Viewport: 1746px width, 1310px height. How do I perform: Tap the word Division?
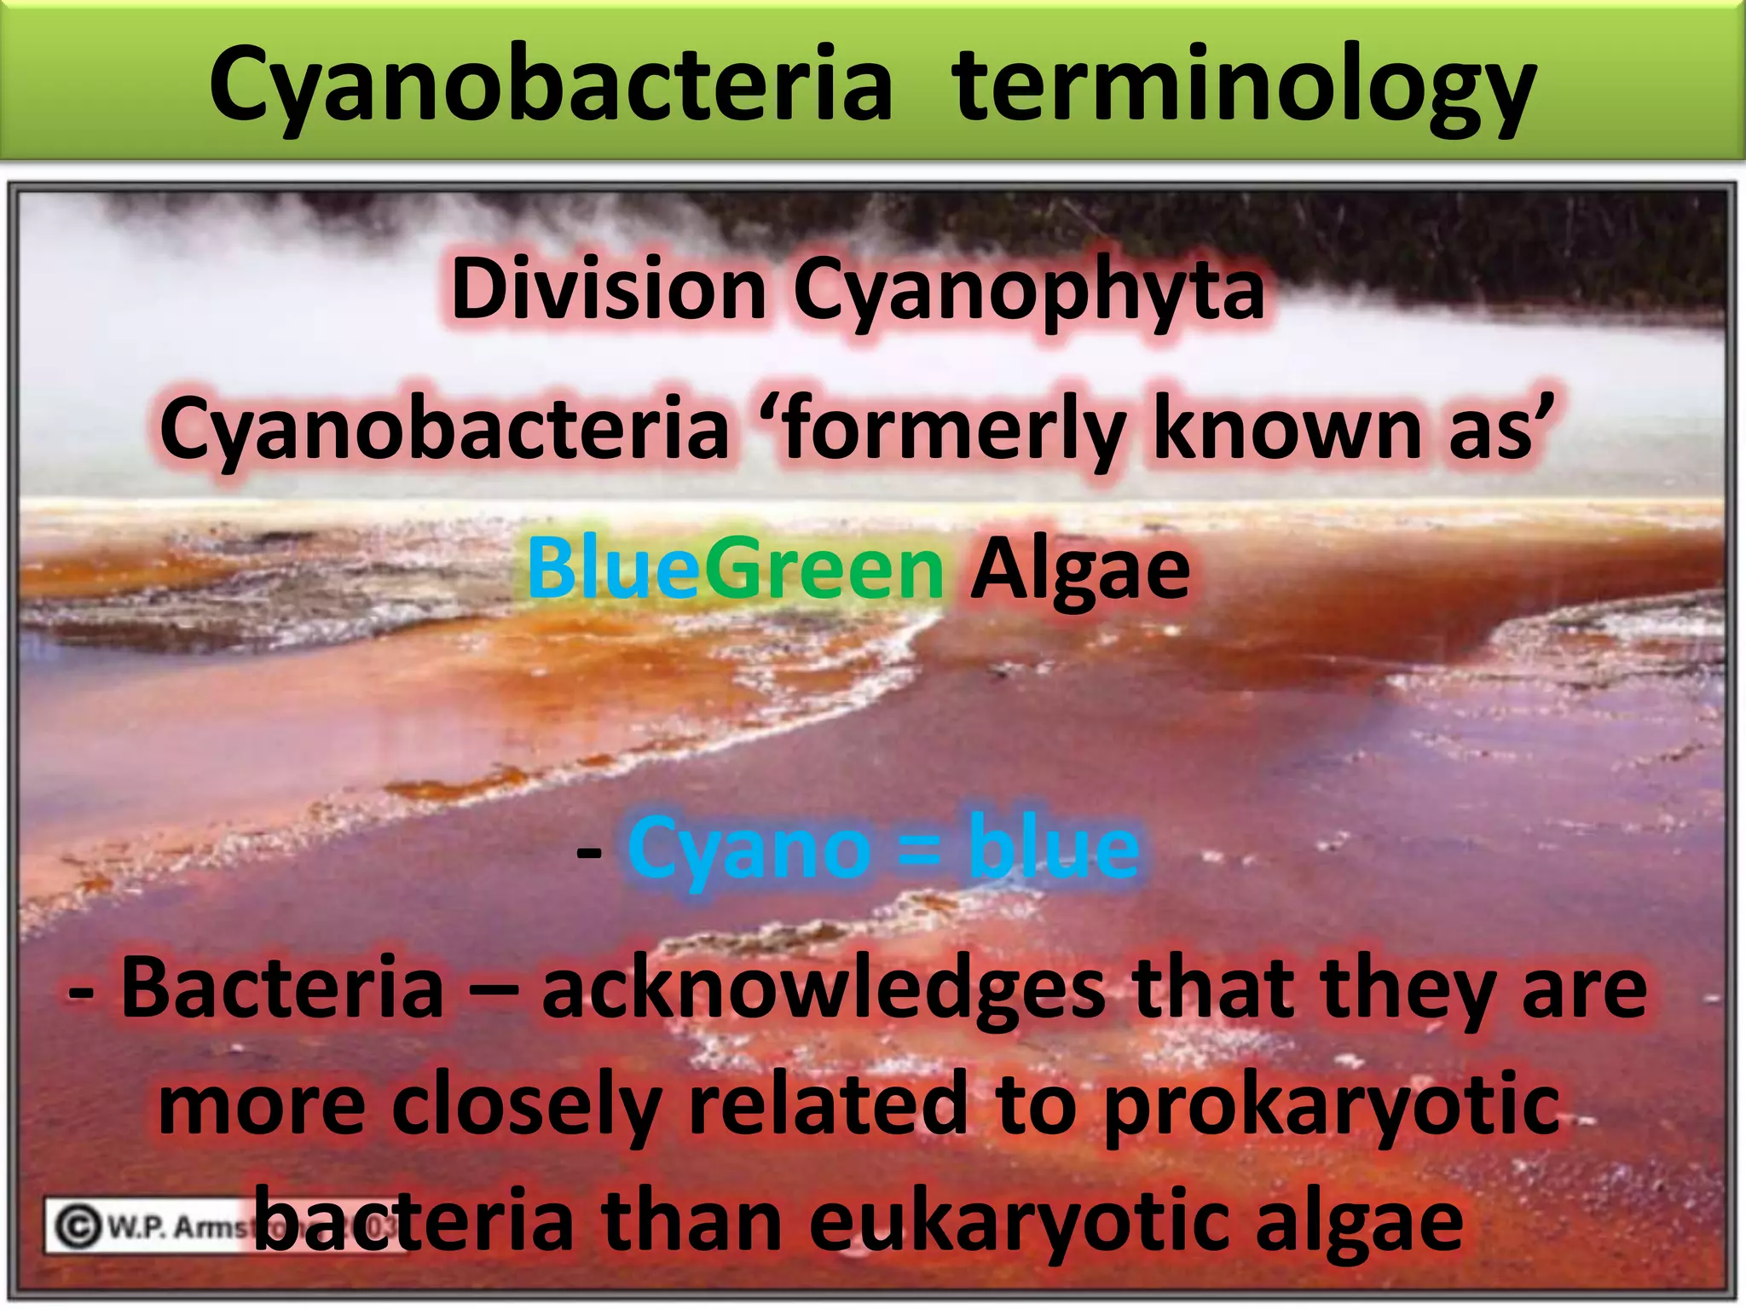(609, 291)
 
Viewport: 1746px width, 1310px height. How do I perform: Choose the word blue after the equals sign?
(1054, 848)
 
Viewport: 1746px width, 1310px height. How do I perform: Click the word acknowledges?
(824, 989)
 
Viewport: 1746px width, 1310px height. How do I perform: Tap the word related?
(828, 1105)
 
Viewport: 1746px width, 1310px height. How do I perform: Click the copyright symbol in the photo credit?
(78, 1227)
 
